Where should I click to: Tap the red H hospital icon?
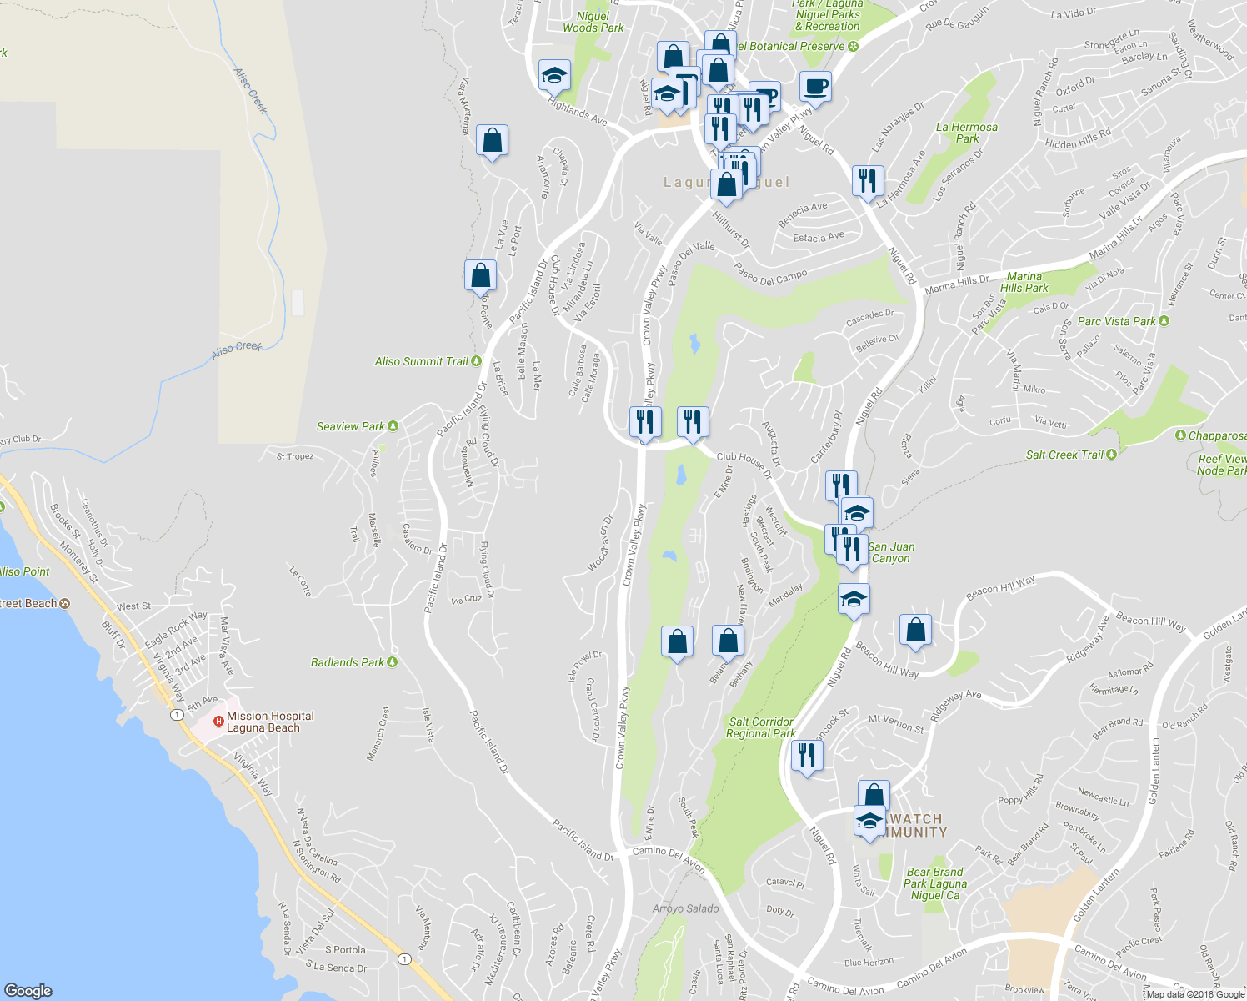point(218,722)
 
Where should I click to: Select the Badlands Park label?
point(348,662)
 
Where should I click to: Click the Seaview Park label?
point(351,426)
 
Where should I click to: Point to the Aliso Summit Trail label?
point(422,361)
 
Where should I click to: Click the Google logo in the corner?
point(28,991)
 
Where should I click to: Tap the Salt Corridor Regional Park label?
point(760,727)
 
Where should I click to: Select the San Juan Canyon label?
point(891,552)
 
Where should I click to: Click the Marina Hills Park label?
point(1024,282)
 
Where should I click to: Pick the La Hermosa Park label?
point(967,133)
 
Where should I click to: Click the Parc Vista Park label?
point(1117,321)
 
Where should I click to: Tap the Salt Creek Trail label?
point(1064,455)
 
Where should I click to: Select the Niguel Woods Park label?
point(593,22)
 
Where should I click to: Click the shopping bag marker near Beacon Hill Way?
point(915,631)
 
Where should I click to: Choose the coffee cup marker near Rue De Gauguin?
point(815,86)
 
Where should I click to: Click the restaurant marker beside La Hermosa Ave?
point(868,179)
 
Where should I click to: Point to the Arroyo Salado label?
point(685,908)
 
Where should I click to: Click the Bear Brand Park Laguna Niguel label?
point(935,883)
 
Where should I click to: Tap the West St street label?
point(134,606)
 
